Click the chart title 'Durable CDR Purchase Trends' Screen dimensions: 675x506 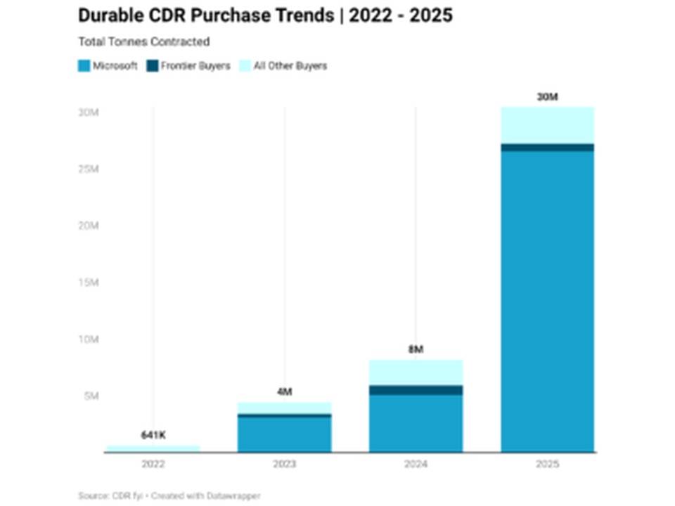[x=206, y=15]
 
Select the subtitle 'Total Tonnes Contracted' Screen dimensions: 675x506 [x=143, y=41]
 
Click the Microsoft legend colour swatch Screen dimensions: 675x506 [x=84, y=66]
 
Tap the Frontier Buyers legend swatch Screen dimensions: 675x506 [x=153, y=66]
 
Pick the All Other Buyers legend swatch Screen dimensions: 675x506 [x=245, y=66]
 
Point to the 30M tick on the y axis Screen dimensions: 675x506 [x=89, y=112]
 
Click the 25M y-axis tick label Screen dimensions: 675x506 [x=89, y=169]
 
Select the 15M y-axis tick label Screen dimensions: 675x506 [x=89, y=283]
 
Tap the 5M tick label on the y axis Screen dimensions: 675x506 [x=91, y=396]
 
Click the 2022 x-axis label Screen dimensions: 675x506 [x=153, y=464]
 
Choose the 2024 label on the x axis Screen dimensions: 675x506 [x=416, y=464]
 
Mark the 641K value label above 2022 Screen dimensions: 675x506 [x=153, y=435]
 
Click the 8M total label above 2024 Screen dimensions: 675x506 [x=416, y=349]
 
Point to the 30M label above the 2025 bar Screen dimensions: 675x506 [x=548, y=97]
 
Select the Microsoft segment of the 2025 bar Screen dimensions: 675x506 [x=548, y=301]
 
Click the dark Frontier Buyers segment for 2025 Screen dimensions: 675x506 [x=548, y=148]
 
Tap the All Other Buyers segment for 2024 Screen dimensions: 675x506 [x=416, y=372]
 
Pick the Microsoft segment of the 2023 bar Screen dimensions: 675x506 [x=285, y=434]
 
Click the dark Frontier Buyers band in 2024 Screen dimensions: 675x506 [x=416, y=390]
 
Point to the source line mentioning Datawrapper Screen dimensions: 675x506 [x=169, y=495]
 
